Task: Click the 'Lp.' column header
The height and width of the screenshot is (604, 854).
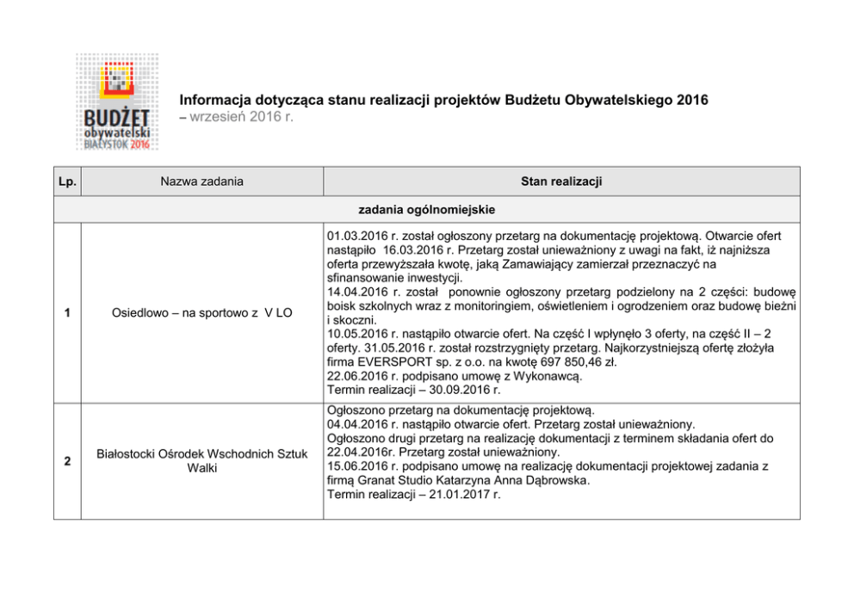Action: tap(67, 182)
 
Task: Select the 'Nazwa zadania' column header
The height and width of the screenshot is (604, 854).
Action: tap(201, 182)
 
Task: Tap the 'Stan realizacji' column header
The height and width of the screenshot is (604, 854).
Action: tap(560, 182)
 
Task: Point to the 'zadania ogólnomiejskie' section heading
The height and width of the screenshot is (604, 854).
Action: tap(427, 209)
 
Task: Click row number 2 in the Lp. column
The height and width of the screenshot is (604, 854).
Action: tap(67, 460)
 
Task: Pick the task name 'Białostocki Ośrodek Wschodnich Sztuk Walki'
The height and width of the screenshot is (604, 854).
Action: tap(201, 460)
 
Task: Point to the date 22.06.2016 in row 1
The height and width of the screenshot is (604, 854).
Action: tap(356, 376)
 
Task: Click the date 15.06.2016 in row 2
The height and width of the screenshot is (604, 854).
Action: tap(356, 465)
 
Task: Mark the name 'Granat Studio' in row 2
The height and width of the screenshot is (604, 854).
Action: tap(396, 480)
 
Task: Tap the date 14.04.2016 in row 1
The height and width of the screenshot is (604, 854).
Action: tap(356, 293)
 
